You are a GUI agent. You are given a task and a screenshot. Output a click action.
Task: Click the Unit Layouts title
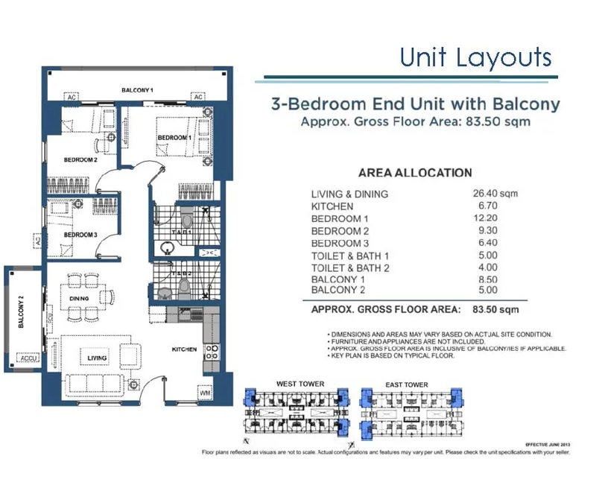[475, 57]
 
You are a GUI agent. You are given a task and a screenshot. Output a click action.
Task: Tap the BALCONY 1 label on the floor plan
[138, 90]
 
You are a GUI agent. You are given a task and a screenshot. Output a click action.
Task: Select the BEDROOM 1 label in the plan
[174, 138]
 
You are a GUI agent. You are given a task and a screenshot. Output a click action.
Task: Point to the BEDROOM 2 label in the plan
[80, 159]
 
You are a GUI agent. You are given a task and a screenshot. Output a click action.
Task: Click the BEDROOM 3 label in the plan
[80, 235]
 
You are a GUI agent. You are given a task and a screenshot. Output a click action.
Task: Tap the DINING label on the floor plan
[80, 299]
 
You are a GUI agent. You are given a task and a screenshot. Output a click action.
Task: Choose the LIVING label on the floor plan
[96, 358]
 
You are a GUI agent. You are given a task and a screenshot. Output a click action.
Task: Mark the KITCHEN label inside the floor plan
[183, 349]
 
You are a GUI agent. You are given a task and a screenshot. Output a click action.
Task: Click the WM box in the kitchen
[205, 392]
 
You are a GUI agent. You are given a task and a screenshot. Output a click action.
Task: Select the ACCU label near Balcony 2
[29, 358]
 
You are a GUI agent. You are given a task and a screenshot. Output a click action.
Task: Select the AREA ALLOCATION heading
[414, 173]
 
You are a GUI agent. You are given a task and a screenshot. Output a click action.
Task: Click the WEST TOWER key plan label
[300, 384]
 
